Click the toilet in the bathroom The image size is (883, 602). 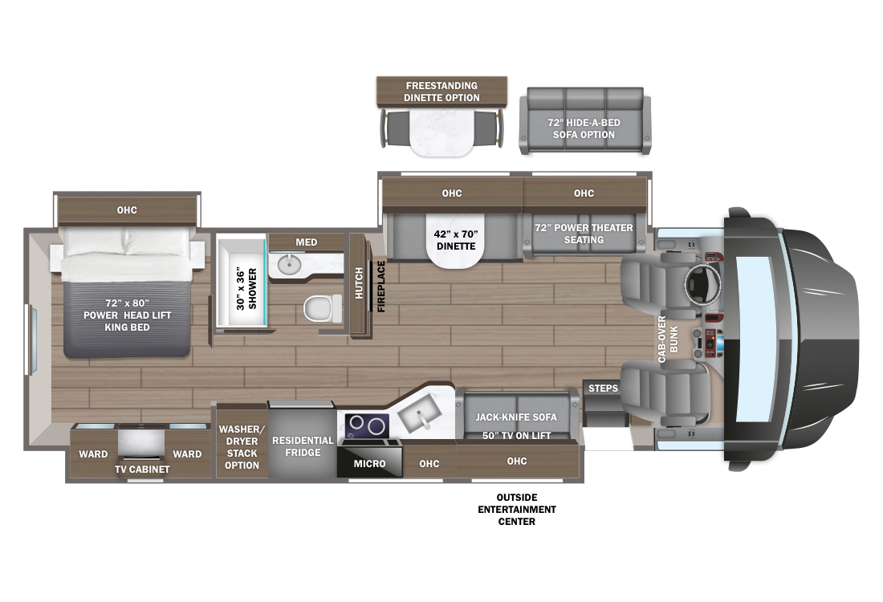tap(322, 308)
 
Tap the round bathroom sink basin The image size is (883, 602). tap(290, 264)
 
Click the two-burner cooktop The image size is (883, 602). tap(367, 426)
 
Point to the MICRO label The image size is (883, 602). tap(369, 463)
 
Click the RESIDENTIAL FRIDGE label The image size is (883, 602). tap(303, 446)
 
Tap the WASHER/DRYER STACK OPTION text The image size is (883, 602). tap(242, 447)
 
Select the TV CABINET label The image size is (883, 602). tap(142, 469)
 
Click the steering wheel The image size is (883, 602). tap(702, 283)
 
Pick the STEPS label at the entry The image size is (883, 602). tap(603, 388)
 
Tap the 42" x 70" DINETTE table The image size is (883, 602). tap(456, 241)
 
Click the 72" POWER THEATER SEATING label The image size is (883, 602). tap(584, 234)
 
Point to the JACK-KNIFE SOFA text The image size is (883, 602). tap(516, 417)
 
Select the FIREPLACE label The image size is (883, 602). tap(381, 286)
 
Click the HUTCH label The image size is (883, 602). tap(359, 283)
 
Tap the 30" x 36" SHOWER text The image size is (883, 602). tap(246, 288)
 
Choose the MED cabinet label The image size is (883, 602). tap(307, 242)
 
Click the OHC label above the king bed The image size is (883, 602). tap(127, 210)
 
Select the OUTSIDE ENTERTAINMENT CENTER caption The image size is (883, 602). tap(517, 509)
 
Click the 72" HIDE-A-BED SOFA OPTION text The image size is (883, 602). tap(584, 128)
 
